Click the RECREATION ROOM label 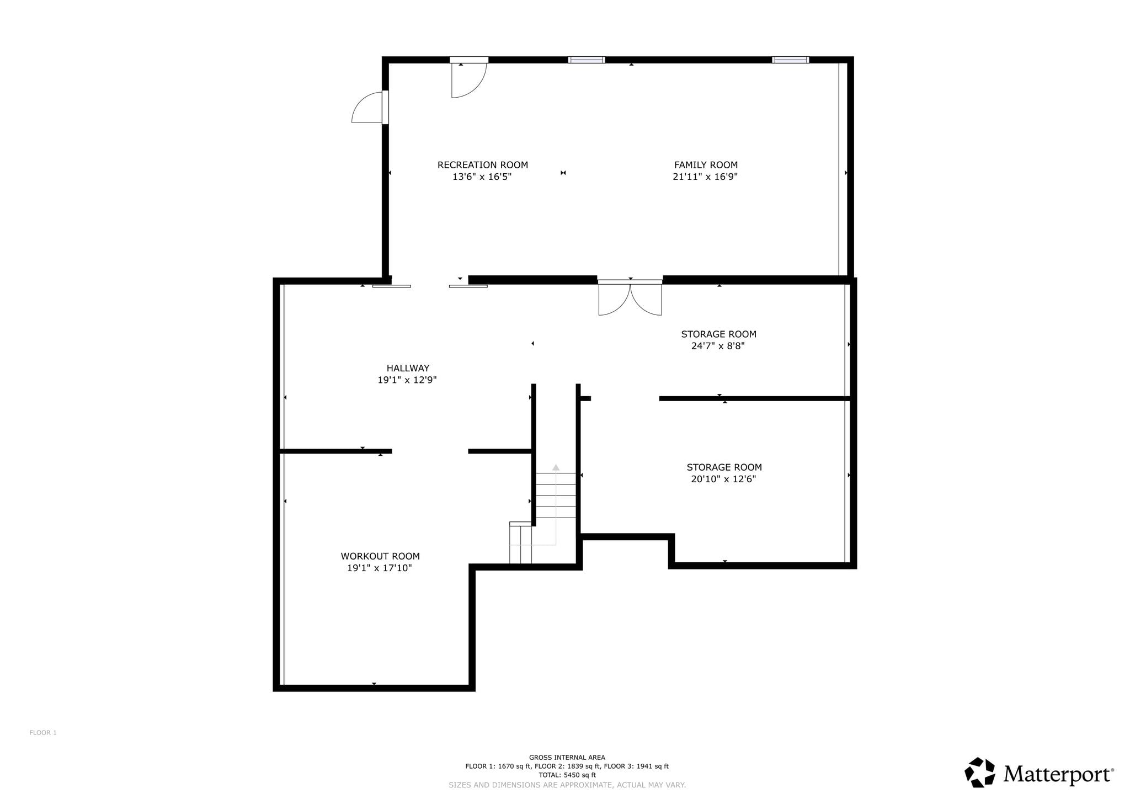(x=483, y=165)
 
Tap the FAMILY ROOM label (x=706, y=165)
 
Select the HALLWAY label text (x=408, y=368)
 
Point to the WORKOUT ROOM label (x=380, y=556)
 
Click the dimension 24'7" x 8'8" (x=718, y=346)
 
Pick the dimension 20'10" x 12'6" (x=723, y=479)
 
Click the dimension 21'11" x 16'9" (x=705, y=177)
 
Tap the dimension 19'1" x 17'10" (x=380, y=568)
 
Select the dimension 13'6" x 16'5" (x=482, y=177)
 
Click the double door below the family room (x=630, y=298)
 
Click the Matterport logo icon (x=980, y=772)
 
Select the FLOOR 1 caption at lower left (x=43, y=733)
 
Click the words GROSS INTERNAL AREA (x=567, y=758)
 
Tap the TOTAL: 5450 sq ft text (x=567, y=775)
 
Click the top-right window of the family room (x=791, y=60)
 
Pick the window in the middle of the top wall (x=587, y=60)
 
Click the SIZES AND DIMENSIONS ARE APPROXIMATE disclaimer (x=567, y=785)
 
